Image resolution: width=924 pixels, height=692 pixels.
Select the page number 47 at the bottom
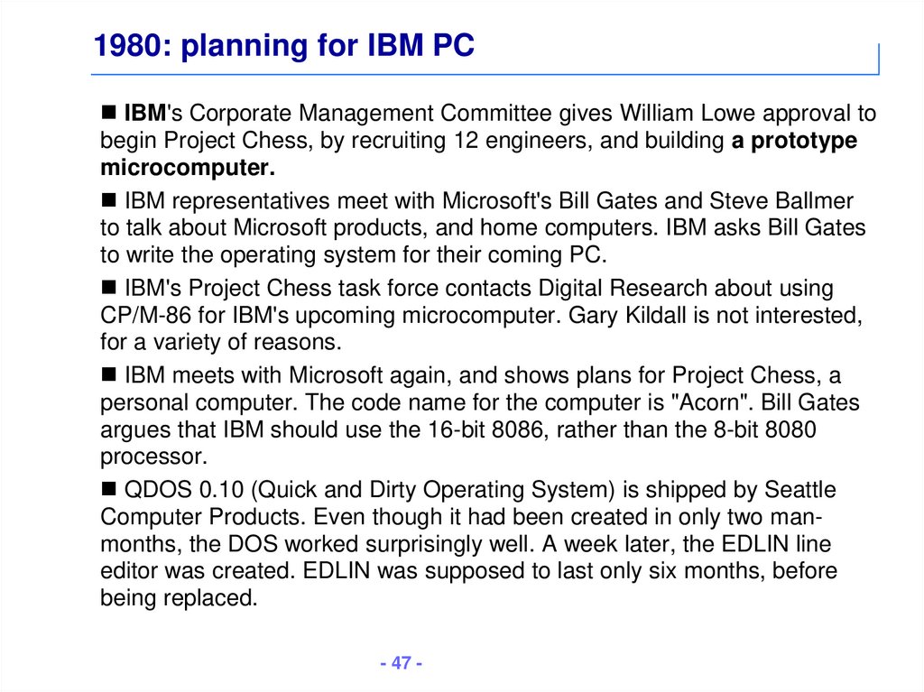point(402,663)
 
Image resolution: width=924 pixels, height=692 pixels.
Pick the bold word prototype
point(804,142)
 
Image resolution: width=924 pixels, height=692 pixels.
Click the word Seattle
point(800,490)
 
